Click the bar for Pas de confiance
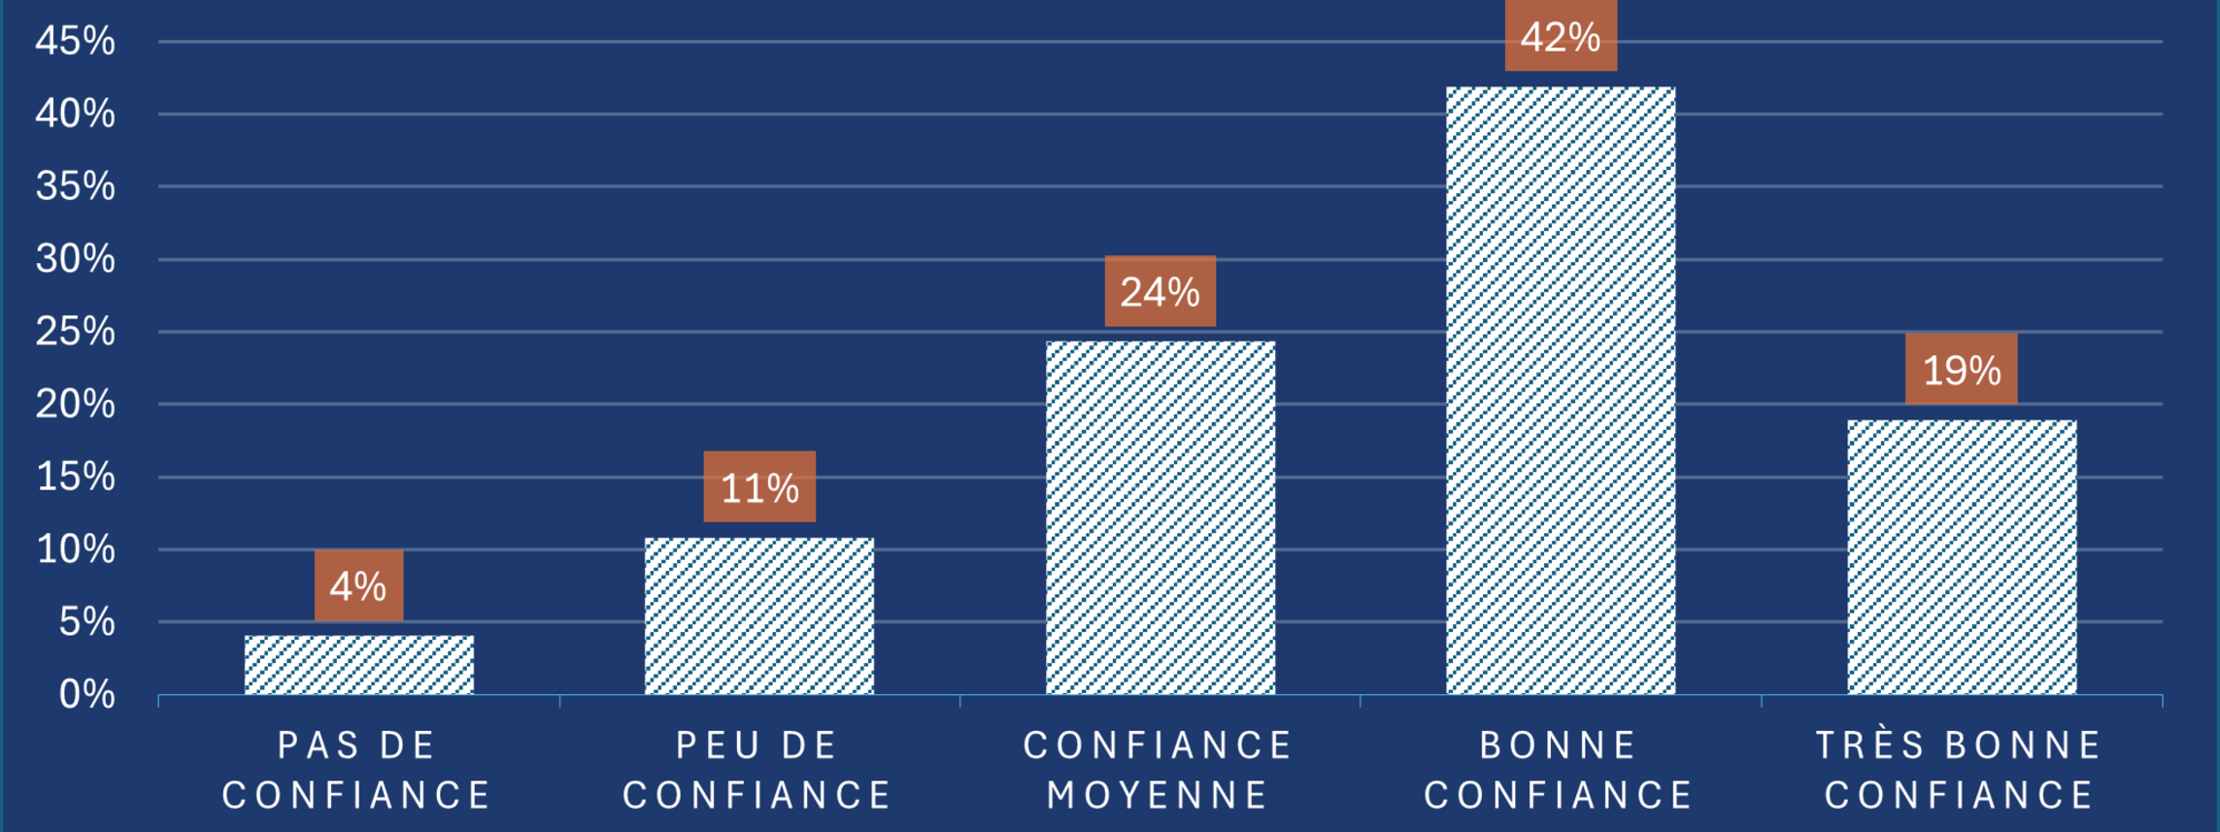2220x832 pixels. click(x=358, y=665)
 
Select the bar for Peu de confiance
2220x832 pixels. click(x=758, y=616)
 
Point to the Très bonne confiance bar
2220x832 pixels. click(x=1961, y=557)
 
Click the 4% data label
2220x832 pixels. click(x=358, y=585)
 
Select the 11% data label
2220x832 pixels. click(x=759, y=486)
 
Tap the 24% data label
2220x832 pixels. click(x=1160, y=291)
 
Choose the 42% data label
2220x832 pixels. click(x=1561, y=37)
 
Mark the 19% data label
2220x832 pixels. click(x=1961, y=369)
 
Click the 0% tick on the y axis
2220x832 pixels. click(x=86, y=694)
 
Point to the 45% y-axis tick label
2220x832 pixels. click(x=75, y=41)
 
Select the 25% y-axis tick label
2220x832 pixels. click(x=75, y=332)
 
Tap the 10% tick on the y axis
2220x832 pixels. click(x=75, y=549)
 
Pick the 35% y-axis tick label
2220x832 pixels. click(x=75, y=186)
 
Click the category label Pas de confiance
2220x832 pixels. click(x=357, y=770)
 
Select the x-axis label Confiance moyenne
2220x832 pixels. click(x=1159, y=770)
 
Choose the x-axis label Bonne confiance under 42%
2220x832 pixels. click(x=1560, y=770)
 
